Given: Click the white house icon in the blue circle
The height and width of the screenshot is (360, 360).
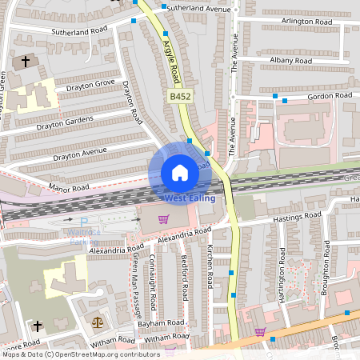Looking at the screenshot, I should point(180,172).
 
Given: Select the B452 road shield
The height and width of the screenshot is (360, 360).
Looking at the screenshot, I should point(179,96).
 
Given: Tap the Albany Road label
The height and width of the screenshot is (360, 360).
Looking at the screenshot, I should point(290,61).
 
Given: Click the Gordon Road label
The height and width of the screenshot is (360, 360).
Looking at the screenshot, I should point(330,96).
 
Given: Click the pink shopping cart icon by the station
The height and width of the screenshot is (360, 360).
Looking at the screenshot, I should point(163,218).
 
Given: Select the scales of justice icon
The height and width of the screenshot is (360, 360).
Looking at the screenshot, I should point(98,322).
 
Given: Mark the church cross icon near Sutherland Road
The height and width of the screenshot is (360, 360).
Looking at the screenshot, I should point(25,61).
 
